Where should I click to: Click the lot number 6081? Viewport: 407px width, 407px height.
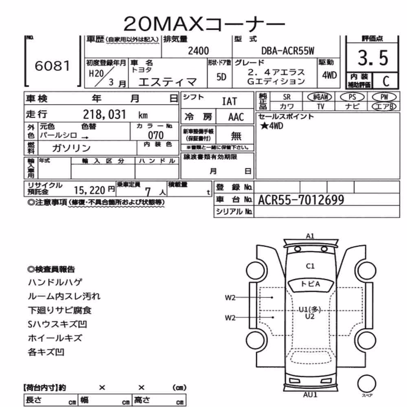click(53, 66)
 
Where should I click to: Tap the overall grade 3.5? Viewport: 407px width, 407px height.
click(373, 58)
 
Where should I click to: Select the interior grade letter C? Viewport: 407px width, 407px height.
click(386, 81)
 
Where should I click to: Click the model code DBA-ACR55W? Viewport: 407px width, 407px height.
click(288, 51)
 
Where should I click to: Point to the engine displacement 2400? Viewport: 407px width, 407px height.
click(198, 51)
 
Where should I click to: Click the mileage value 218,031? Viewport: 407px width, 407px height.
click(104, 114)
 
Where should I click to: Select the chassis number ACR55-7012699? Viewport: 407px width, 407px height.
click(301, 200)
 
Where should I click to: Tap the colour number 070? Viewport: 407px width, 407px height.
click(156, 135)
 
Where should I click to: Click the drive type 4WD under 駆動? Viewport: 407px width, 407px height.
click(329, 75)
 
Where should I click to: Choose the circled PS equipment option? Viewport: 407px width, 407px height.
click(352, 97)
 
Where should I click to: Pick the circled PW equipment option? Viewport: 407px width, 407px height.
click(384, 97)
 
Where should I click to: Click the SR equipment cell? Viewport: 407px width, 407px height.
click(287, 97)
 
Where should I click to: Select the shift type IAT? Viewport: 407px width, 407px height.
click(230, 101)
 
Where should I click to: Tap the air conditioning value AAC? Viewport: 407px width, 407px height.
click(236, 117)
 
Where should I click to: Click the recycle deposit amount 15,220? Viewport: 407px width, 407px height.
click(90, 190)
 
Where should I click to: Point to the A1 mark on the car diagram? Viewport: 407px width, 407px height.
click(310, 236)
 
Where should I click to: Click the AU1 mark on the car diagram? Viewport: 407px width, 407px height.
click(310, 395)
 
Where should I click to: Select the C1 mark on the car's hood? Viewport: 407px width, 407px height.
click(310, 266)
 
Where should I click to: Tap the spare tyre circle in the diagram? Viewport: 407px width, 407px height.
click(367, 383)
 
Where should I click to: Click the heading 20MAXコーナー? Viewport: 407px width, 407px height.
click(204, 24)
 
